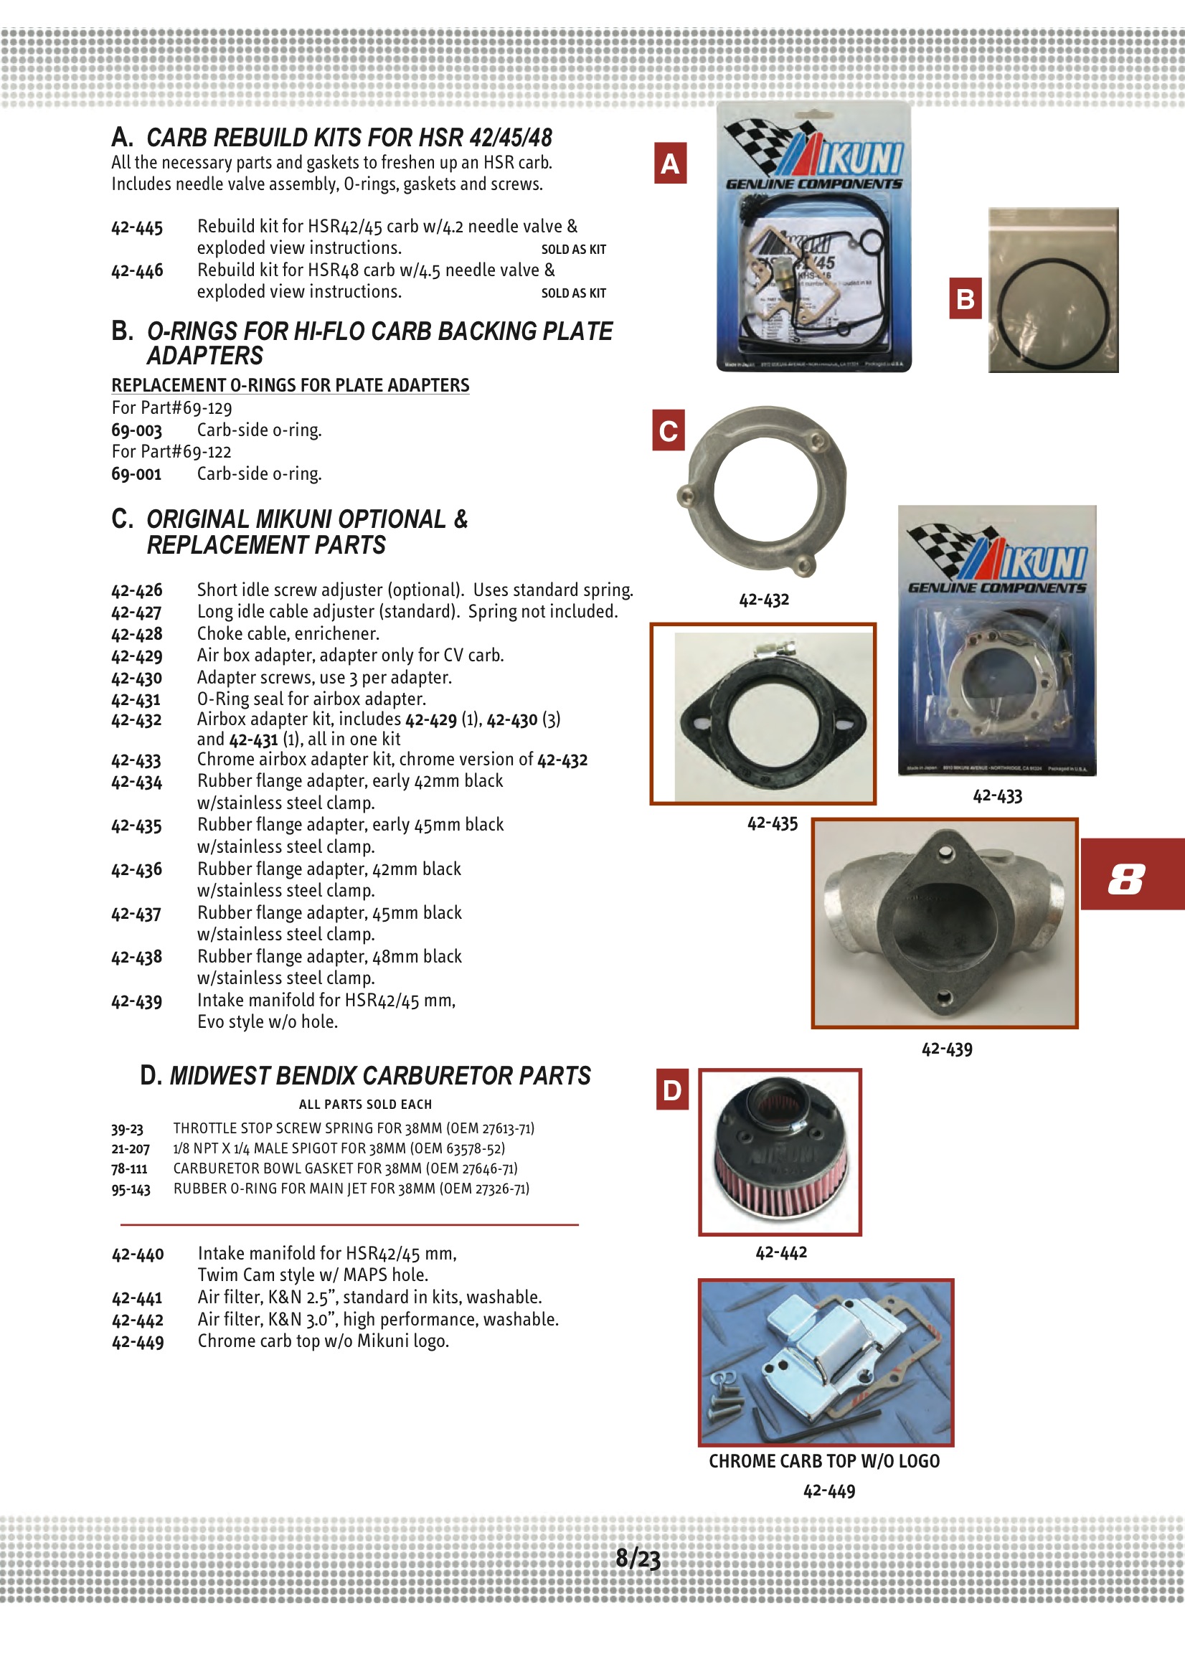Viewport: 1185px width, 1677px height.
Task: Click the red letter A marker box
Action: pyautogui.click(x=670, y=163)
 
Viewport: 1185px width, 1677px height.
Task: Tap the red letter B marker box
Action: pyautogui.click(x=965, y=298)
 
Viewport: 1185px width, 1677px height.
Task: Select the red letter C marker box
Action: pyautogui.click(x=668, y=430)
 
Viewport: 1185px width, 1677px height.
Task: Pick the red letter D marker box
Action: pyautogui.click(x=672, y=1090)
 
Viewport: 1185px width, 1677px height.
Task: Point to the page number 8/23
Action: pyautogui.click(x=638, y=1558)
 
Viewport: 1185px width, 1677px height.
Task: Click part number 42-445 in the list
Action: pyautogui.click(x=136, y=228)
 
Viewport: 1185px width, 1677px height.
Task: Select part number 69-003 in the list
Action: pyautogui.click(x=136, y=431)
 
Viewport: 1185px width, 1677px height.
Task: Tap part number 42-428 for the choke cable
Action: pyautogui.click(x=136, y=634)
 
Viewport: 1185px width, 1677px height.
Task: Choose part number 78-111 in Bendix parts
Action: pyautogui.click(x=129, y=1168)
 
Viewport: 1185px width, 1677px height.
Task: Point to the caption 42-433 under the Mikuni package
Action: pyautogui.click(x=997, y=795)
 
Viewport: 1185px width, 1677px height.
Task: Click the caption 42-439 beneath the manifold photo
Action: pyautogui.click(x=947, y=1049)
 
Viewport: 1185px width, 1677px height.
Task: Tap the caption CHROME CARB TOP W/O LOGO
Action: pyautogui.click(x=824, y=1461)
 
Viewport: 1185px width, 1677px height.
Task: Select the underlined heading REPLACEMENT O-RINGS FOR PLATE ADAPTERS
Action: pyautogui.click(x=290, y=385)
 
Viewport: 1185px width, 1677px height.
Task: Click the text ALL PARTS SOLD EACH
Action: pyautogui.click(x=365, y=1105)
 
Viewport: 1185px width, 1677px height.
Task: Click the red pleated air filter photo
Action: pyautogui.click(x=780, y=1152)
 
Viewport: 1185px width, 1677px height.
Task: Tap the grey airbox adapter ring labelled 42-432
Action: pyautogui.click(x=764, y=491)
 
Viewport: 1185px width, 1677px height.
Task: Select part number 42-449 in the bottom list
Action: pyautogui.click(x=137, y=1343)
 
